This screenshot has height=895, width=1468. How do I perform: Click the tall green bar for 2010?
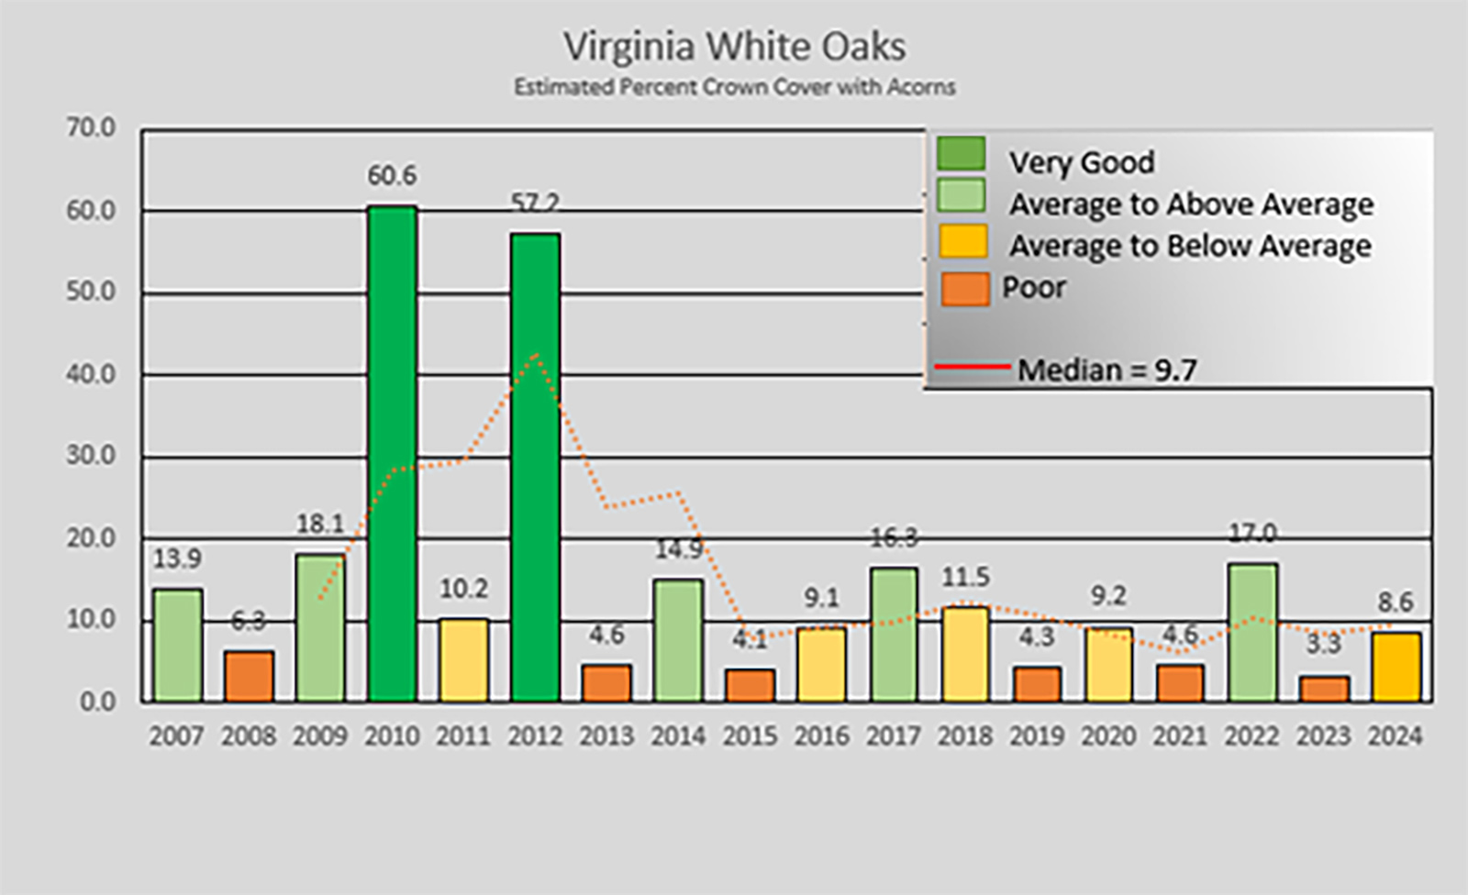(392, 454)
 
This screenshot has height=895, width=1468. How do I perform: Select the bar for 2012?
(535, 468)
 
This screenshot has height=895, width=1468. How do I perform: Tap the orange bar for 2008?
(249, 677)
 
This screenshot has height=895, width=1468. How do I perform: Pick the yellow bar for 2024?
(1396, 667)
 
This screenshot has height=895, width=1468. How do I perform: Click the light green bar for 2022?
(1252, 633)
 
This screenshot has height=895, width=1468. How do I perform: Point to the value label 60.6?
(392, 175)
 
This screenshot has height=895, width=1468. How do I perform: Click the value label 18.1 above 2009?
(319, 524)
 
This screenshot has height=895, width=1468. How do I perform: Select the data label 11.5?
(965, 578)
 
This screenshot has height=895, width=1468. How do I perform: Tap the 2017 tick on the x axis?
(893, 736)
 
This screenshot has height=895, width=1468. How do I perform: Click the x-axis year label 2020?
(1108, 736)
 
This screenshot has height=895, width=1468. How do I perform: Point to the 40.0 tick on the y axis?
(91, 375)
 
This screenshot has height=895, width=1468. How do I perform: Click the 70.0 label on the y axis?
(91, 128)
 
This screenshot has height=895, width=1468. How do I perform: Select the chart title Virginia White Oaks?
(734, 47)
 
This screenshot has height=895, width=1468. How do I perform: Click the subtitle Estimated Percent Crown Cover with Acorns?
(734, 88)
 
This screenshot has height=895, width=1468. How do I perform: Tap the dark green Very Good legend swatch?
(961, 154)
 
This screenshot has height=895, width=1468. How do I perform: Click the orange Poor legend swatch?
(964, 289)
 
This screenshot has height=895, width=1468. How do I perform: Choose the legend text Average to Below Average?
(1190, 246)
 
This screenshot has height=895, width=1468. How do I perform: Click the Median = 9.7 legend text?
(1107, 370)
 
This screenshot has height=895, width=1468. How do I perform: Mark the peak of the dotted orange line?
(535, 354)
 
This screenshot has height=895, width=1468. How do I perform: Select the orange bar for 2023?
(1324, 689)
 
